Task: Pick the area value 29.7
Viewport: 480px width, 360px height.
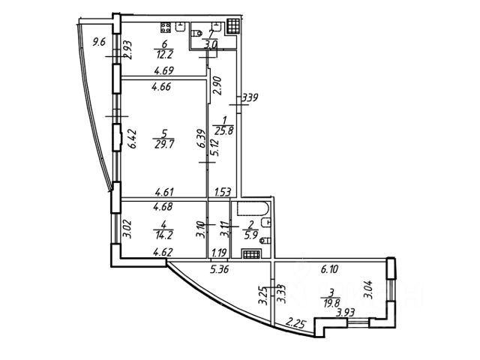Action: tap(160, 145)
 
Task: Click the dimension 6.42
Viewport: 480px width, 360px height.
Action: tap(130, 139)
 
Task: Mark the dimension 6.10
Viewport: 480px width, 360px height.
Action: tap(331, 267)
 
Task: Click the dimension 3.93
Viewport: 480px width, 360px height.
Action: tap(344, 314)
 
